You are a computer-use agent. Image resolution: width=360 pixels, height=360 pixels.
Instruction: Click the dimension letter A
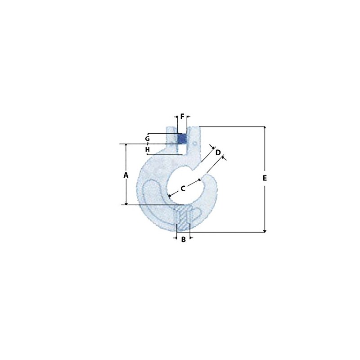point(126,175)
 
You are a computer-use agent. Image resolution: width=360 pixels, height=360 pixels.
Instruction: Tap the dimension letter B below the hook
point(183,239)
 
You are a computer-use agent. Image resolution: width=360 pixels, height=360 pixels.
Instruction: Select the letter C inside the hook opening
point(183,189)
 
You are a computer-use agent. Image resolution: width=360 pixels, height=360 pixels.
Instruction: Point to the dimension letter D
point(218,152)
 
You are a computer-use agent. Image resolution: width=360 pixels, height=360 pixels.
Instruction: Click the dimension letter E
point(265,178)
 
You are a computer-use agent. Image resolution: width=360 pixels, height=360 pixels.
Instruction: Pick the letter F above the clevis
point(182,117)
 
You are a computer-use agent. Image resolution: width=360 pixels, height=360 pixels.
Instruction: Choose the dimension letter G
point(148,139)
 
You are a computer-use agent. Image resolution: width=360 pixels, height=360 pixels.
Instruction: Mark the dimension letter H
point(148,149)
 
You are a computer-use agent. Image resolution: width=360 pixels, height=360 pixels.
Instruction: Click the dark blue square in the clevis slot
point(182,139)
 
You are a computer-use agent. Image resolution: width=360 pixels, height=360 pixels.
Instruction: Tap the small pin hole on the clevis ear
point(195,144)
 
